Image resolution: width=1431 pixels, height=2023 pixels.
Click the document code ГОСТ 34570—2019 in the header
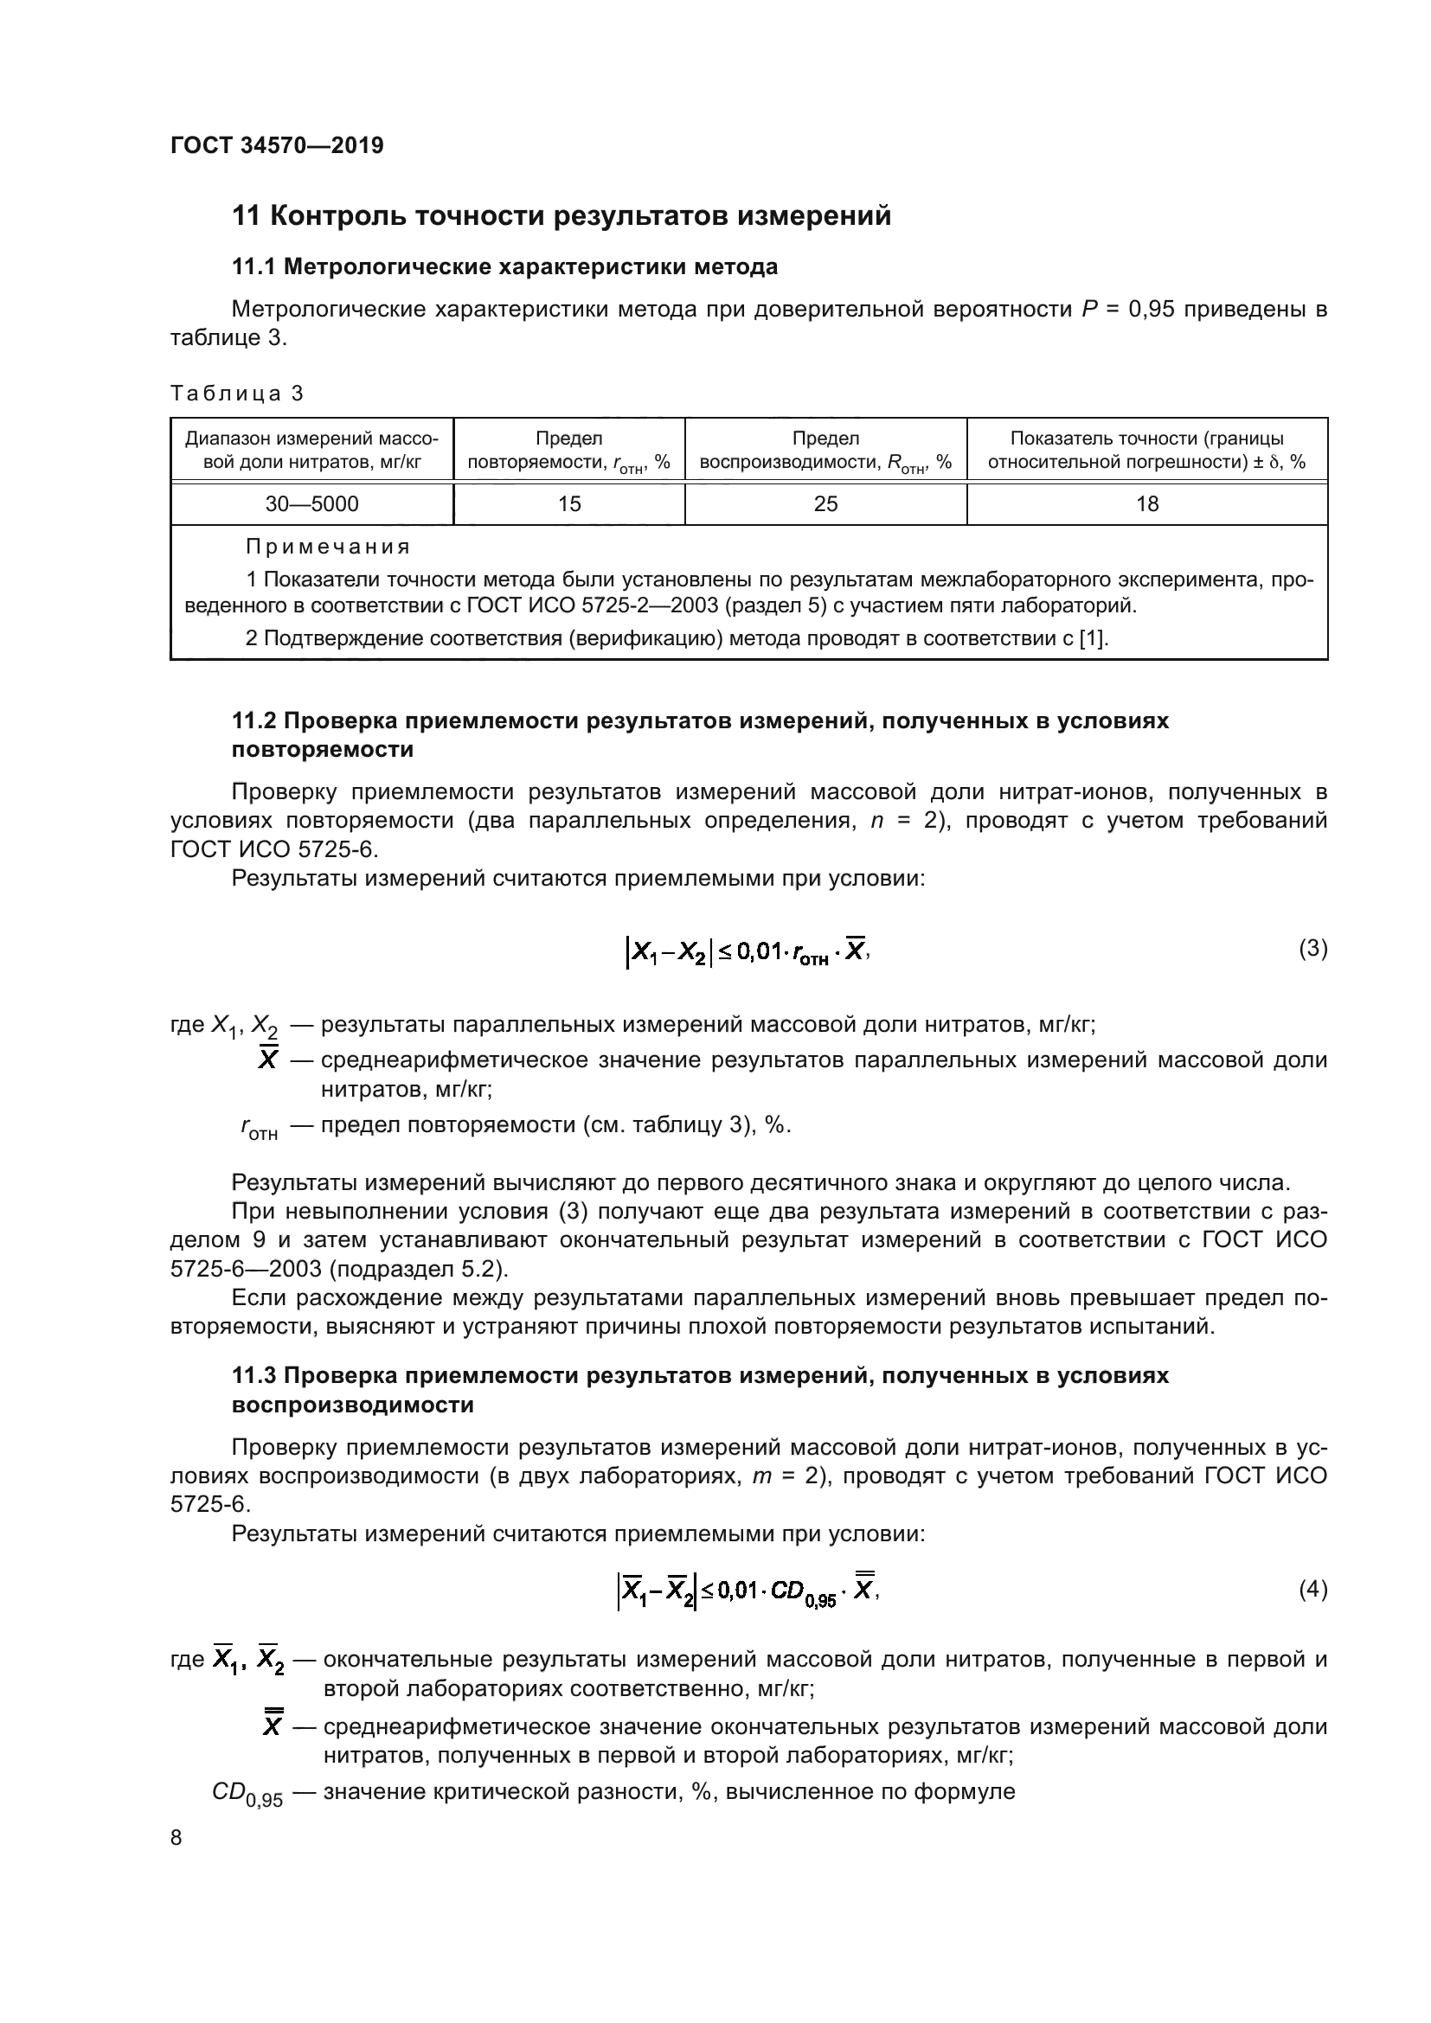tap(277, 145)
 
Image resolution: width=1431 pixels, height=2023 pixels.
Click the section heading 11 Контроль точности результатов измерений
tap(561, 216)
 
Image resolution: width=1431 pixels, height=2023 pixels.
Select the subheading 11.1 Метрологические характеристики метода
tap(504, 266)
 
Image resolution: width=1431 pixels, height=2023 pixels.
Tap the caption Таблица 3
tap(236, 393)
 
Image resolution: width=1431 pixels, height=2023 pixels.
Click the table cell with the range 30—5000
tap(312, 504)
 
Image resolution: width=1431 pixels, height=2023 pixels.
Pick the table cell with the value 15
tap(569, 504)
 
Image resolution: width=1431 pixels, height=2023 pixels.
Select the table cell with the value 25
tap(825, 504)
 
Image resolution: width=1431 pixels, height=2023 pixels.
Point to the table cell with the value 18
tap(1147, 504)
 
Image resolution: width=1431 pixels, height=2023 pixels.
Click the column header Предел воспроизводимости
tap(825, 451)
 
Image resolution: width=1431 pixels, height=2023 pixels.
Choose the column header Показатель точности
tap(1146, 451)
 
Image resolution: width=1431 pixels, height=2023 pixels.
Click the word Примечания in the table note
tap(328, 547)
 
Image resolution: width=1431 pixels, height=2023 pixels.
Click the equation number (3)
tap(1313, 949)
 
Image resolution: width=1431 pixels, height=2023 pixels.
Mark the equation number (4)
tap(1313, 1590)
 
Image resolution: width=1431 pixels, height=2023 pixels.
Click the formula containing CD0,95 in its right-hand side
tap(748, 1591)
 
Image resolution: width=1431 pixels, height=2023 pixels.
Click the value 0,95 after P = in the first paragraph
tap(1152, 310)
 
